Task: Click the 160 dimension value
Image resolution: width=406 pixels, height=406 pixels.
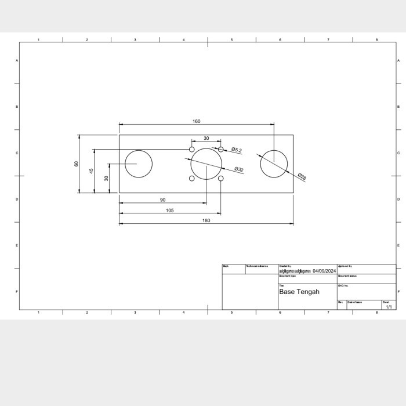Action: coord(197,121)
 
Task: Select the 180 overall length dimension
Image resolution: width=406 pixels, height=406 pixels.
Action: coord(206,220)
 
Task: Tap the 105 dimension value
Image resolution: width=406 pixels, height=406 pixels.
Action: coord(169,211)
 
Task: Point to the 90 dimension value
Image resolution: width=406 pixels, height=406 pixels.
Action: coord(162,200)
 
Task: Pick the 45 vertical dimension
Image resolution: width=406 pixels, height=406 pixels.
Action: coord(91,171)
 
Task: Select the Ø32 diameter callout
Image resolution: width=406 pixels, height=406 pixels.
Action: coord(239,169)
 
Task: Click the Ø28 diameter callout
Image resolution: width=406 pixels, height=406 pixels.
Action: coord(302,176)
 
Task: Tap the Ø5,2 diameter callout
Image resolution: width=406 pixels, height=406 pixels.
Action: coord(237,150)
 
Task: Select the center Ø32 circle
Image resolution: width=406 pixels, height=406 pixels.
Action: coord(206,164)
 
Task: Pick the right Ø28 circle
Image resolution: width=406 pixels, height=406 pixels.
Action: coord(274,164)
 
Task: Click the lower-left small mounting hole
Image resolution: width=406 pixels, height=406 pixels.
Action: coord(192,178)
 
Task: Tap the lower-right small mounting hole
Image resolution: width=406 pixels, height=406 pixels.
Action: coord(220,178)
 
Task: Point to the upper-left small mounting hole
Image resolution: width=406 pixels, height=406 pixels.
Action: coord(192,150)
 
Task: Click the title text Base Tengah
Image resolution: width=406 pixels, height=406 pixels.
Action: coord(299,292)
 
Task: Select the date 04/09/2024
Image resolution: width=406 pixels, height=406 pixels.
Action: coord(324,271)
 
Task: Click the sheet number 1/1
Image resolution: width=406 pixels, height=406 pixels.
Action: coord(389,307)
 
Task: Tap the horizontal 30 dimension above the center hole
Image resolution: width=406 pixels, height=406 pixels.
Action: coord(206,138)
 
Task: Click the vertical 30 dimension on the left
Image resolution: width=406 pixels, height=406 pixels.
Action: coord(106,178)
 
